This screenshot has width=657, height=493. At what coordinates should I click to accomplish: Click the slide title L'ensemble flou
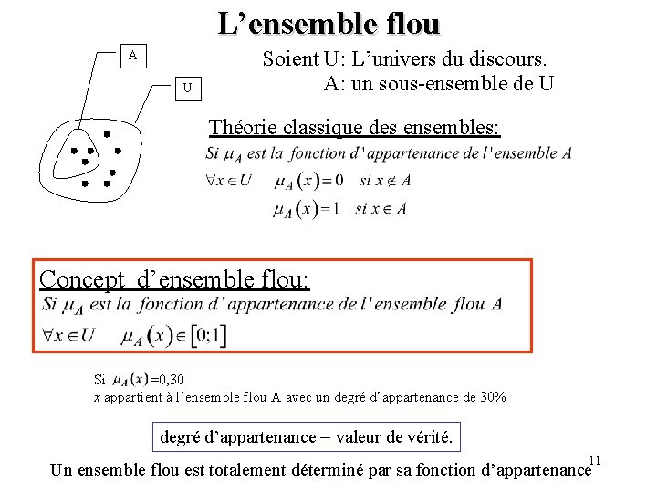pos(328,23)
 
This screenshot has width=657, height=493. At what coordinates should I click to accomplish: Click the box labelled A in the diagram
pos(133,56)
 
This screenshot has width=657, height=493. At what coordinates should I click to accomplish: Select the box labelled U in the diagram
pos(186,89)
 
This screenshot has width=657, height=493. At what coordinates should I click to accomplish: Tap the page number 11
pos(595,458)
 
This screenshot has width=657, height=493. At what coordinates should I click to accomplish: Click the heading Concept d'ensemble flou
pos(175,278)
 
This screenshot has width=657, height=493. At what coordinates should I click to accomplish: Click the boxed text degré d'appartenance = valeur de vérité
pos(306,437)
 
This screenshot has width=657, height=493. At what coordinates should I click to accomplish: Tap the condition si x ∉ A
pos(384,180)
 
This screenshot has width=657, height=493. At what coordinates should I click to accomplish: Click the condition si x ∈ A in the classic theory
pos(381,209)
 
